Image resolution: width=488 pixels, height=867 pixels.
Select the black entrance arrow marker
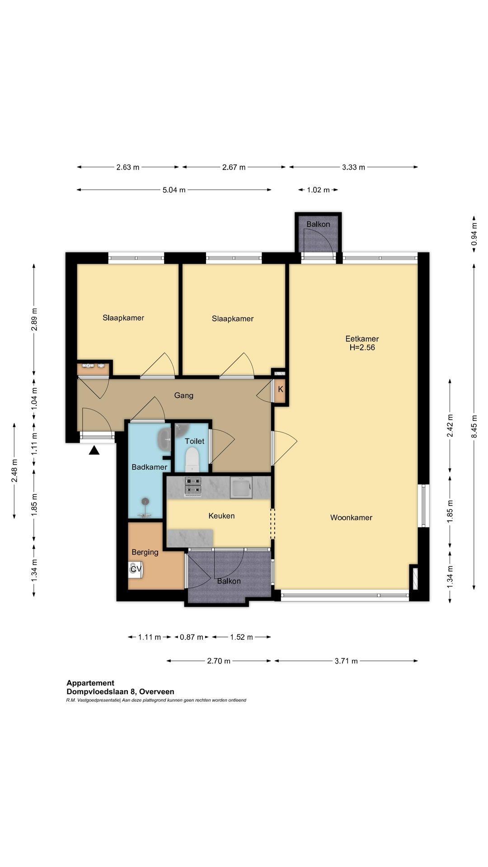coord(94,450)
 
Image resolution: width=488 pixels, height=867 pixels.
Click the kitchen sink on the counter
coord(241,487)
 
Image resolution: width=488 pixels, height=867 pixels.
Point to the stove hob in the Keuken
coord(192,487)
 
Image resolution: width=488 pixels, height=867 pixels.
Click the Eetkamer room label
coord(362,339)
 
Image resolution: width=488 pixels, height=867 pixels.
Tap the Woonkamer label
coord(351,517)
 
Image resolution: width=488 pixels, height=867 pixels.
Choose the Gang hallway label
coord(184,396)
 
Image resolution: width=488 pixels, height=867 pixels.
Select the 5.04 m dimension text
coord(174,190)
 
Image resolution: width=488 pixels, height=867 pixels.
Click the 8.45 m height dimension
coord(474,426)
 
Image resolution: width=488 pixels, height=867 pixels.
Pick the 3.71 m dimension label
coord(346,661)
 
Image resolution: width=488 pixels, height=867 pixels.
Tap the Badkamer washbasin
coord(164,438)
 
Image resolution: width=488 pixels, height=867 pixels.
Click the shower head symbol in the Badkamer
coord(145,501)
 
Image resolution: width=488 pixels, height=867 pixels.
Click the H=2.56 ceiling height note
coord(362,348)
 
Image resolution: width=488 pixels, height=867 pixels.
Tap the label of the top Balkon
coord(318,224)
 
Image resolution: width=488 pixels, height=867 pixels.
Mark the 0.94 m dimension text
coord(474,234)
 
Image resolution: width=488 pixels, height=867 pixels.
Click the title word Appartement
coord(90,683)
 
